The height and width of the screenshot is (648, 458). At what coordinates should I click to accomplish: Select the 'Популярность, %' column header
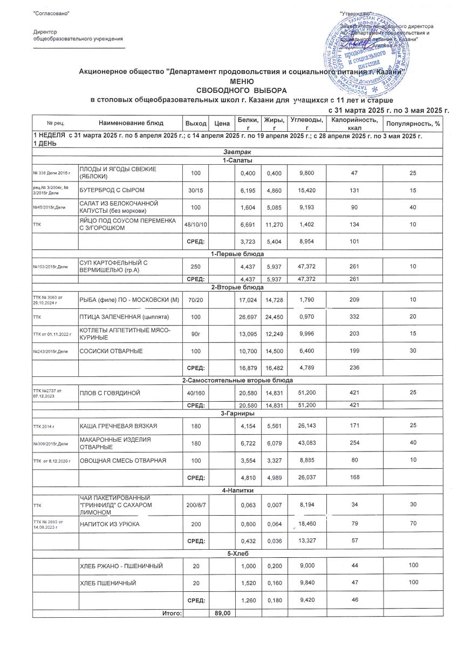pyautogui.click(x=418, y=124)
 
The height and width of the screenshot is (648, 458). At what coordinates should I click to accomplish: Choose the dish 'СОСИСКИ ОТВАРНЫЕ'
pyautogui.click(x=111, y=351)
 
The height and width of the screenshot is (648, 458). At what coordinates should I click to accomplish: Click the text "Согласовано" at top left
pyautogui.click(x=51, y=12)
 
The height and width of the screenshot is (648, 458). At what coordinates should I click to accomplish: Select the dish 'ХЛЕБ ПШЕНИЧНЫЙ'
pyautogui.click(x=108, y=583)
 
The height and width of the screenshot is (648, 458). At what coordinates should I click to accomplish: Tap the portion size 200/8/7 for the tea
pyautogui.click(x=196, y=504)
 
